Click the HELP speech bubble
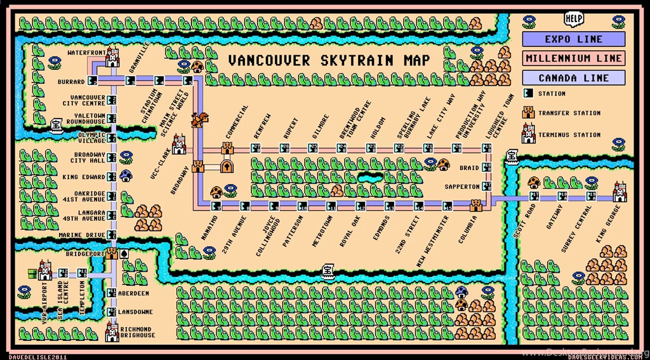[x=574, y=18]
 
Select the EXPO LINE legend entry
[x=574, y=39]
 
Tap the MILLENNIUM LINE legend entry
[x=574, y=58]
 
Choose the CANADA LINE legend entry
[x=574, y=78]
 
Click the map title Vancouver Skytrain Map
[x=329, y=61]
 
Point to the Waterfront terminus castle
[x=113, y=57]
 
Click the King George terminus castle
[x=620, y=192]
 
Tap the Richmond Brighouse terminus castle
[x=112, y=331]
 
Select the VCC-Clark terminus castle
[x=179, y=145]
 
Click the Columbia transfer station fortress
[x=476, y=205]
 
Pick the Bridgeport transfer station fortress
[x=112, y=253]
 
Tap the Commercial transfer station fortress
[x=227, y=148]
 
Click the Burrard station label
[x=71, y=82]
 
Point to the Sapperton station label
[x=461, y=187]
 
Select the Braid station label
[x=469, y=168]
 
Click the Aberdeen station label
[x=134, y=293]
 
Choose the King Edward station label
[x=83, y=177]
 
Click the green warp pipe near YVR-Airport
[x=32, y=274]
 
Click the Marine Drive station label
[x=81, y=235]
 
